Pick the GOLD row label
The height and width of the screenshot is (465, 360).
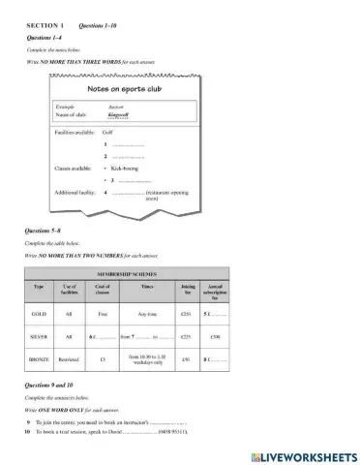coord(40,314)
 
